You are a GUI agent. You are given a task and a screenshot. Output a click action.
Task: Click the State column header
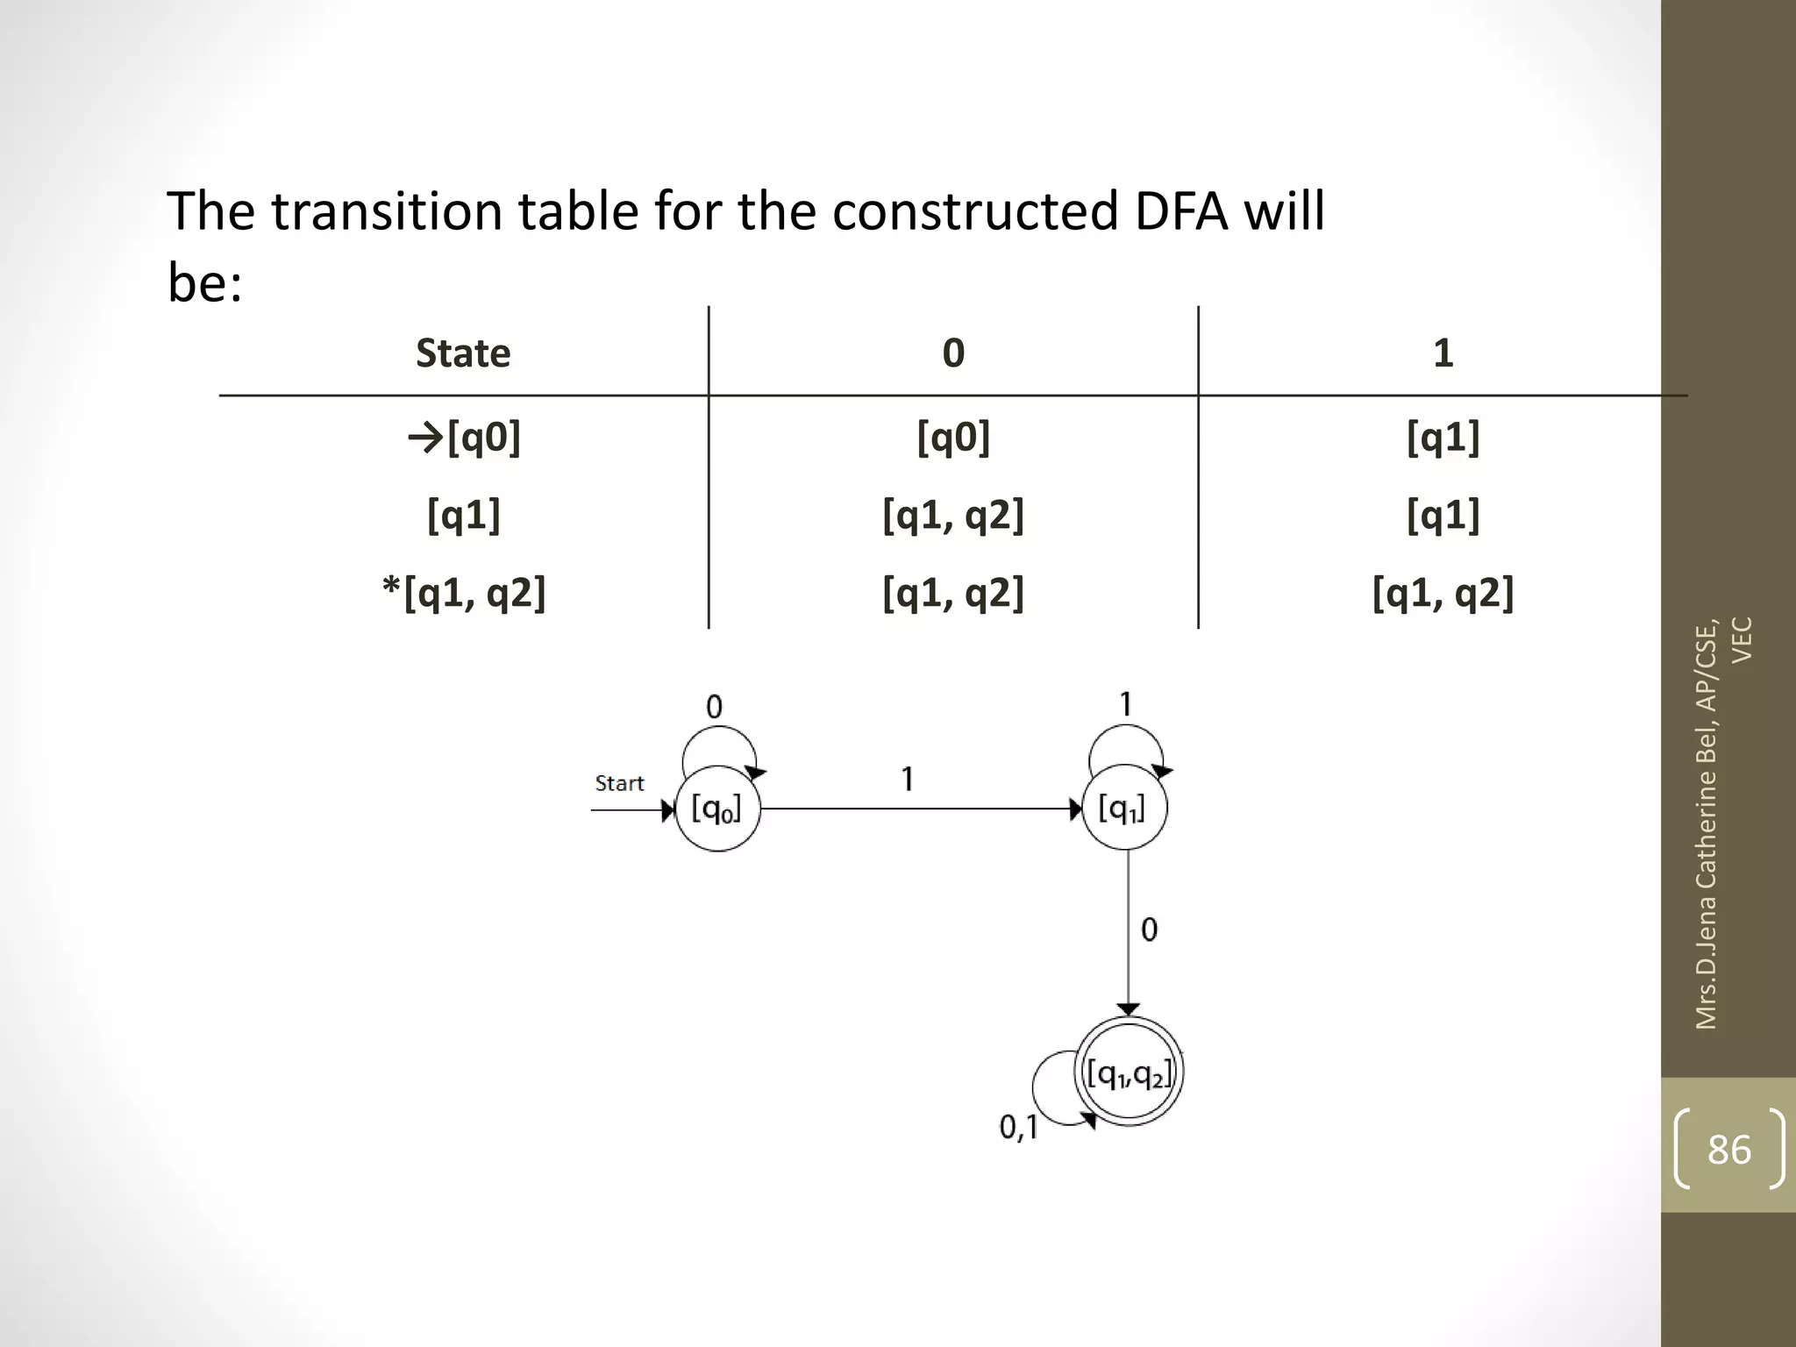pyautogui.click(x=463, y=353)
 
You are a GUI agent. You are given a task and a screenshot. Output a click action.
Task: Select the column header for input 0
pyautogui.click(x=953, y=353)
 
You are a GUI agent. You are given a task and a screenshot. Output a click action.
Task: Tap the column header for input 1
pyautogui.click(x=1443, y=353)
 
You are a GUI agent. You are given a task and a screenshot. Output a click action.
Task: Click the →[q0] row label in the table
pyautogui.click(x=464, y=437)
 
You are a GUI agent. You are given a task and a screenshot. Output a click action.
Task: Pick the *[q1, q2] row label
pyautogui.click(x=464, y=594)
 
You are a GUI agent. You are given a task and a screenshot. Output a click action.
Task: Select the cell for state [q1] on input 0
pyautogui.click(x=953, y=516)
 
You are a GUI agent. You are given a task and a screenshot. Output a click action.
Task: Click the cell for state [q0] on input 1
pyautogui.click(x=1443, y=437)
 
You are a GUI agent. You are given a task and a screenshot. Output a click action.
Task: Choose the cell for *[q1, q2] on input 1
pyautogui.click(x=1443, y=594)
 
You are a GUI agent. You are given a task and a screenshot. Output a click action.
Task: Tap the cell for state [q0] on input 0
pyautogui.click(x=953, y=437)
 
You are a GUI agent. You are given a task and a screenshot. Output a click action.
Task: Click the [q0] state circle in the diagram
pyautogui.click(x=717, y=809)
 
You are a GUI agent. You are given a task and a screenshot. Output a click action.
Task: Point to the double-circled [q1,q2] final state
pyautogui.click(x=1129, y=1073)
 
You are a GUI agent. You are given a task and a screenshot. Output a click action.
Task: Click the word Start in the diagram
pyautogui.click(x=619, y=783)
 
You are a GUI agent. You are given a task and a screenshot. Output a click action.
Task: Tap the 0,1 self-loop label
pyautogui.click(x=1018, y=1127)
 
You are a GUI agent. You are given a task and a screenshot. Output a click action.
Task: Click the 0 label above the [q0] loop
pyautogui.click(x=714, y=707)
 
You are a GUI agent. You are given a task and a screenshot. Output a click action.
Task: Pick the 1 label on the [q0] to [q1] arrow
pyautogui.click(x=908, y=779)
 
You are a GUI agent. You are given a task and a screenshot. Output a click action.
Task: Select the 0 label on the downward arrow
pyautogui.click(x=1149, y=930)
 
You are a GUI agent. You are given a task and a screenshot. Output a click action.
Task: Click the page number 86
pyautogui.click(x=1728, y=1149)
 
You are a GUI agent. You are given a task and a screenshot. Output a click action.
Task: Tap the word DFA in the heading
pyautogui.click(x=1180, y=211)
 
